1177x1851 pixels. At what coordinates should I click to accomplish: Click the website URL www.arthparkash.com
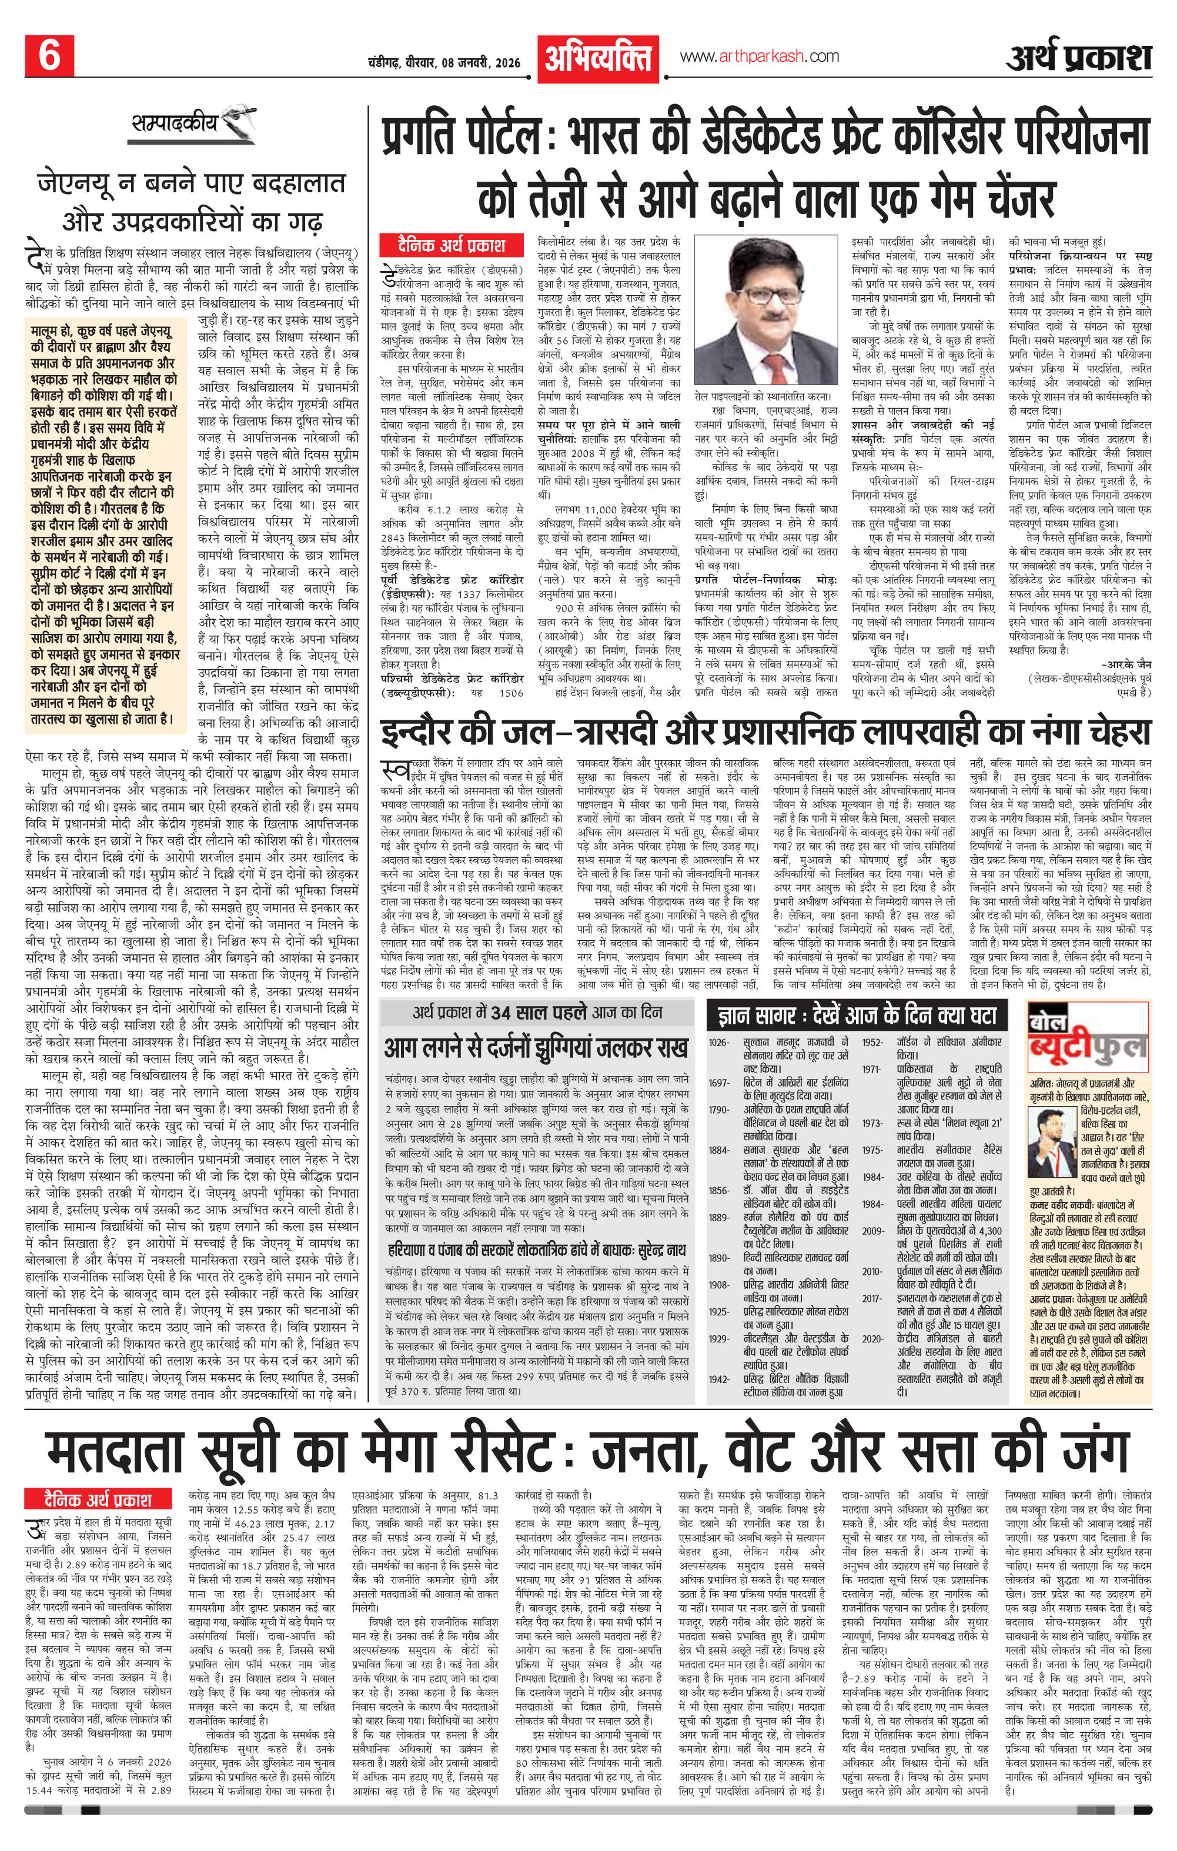759,56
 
